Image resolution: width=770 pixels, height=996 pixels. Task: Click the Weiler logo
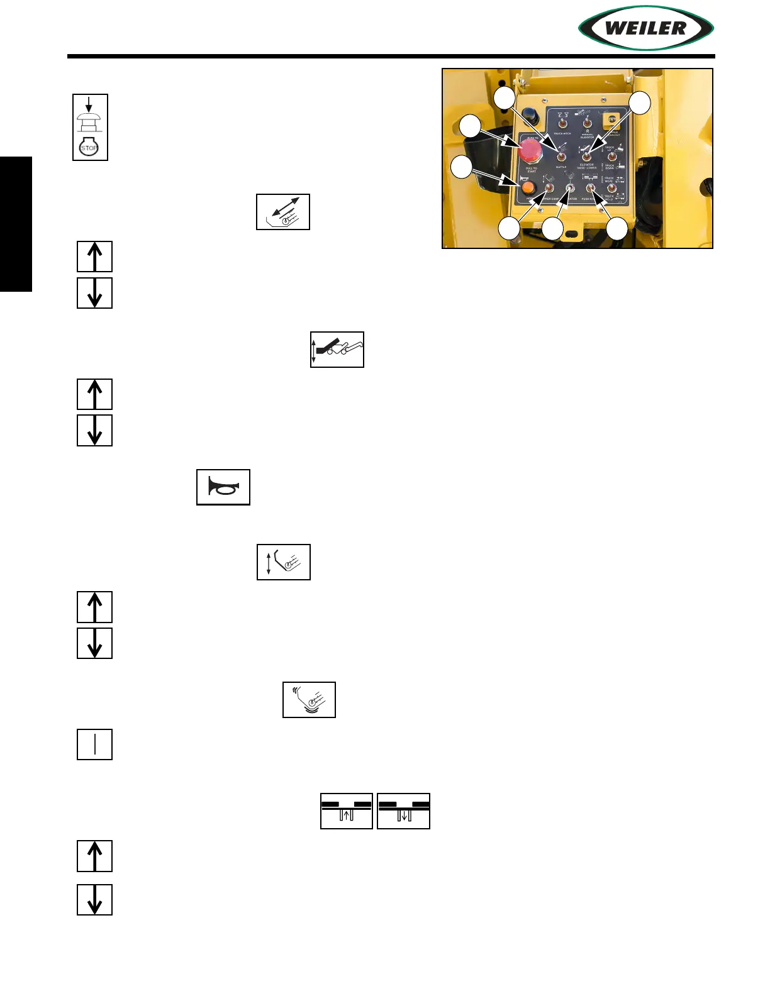[646, 28]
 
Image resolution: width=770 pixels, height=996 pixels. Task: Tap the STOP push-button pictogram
[90, 127]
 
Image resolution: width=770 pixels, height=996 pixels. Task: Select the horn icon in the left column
[223, 487]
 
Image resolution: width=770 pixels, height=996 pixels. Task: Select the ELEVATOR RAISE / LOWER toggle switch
[586, 155]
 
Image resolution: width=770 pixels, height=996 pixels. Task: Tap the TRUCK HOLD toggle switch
[611, 188]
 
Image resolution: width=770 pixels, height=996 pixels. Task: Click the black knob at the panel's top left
[532, 116]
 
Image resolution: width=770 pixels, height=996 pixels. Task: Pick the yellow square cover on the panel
[611, 121]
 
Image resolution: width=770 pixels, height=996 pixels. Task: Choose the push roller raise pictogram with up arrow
[347, 811]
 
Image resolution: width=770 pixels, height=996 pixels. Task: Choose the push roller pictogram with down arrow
[403, 811]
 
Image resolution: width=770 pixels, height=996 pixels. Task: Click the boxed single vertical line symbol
[94, 744]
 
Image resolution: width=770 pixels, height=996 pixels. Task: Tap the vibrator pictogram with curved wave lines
[309, 700]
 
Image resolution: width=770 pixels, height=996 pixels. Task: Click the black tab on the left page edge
[16, 224]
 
